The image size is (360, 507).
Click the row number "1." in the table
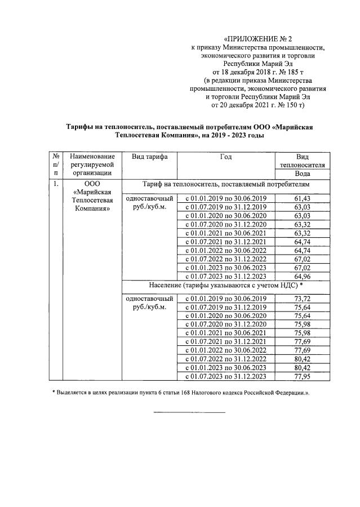click(55, 184)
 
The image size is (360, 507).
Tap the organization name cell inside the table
click(93, 197)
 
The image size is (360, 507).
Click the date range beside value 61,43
click(225, 199)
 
